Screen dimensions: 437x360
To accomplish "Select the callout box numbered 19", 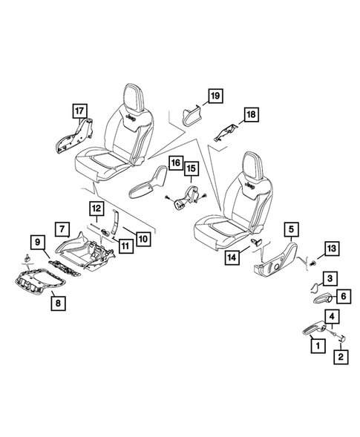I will [214, 96].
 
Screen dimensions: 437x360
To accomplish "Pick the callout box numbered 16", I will [176, 162].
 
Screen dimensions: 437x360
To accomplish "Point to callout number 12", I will [98, 208].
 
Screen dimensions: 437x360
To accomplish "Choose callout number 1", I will [318, 344].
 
